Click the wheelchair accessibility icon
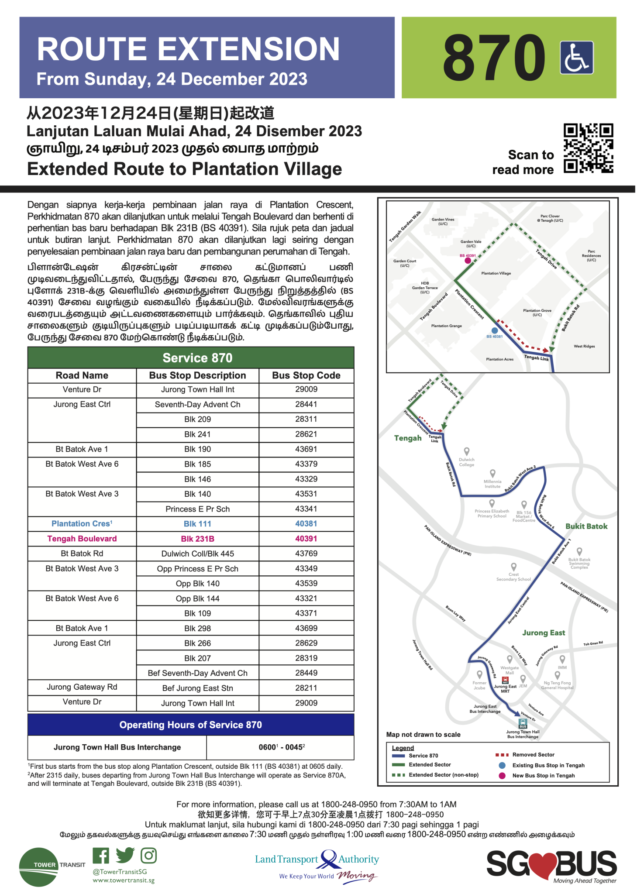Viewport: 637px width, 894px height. (x=576, y=58)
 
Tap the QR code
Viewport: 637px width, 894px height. (x=588, y=148)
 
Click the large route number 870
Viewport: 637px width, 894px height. (x=494, y=58)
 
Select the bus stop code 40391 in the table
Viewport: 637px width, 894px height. (x=306, y=539)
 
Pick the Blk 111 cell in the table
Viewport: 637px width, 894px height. (x=197, y=524)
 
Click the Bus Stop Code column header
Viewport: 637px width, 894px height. (x=306, y=375)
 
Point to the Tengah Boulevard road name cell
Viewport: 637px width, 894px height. (x=82, y=539)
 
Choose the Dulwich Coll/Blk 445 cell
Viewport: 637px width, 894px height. (x=197, y=554)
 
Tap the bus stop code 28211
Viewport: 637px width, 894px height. (x=306, y=688)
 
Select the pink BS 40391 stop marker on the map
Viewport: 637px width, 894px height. (x=468, y=261)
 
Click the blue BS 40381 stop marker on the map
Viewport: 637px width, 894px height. (x=494, y=331)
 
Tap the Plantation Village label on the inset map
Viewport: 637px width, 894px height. (x=496, y=273)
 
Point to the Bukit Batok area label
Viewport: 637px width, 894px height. (x=586, y=526)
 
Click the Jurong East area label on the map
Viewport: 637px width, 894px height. (x=543, y=633)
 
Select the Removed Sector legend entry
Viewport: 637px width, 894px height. (x=533, y=755)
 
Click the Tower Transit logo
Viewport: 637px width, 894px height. (x=39, y=867)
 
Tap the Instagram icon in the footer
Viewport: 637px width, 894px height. (x=148, y=856)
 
